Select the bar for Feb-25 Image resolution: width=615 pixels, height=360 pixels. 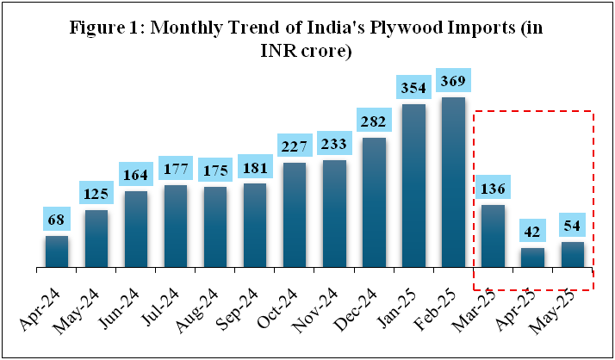[452, 183]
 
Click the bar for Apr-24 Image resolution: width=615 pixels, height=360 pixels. [57, 251]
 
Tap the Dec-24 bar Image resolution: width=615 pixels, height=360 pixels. [373, 202]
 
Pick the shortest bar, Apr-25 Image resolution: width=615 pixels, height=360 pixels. [531, 258]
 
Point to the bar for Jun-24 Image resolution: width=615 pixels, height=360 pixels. [136, 229]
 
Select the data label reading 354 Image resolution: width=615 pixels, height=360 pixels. [413, 88]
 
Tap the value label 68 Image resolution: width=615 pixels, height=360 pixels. [57, 220]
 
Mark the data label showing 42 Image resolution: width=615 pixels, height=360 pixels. [531, 233]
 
